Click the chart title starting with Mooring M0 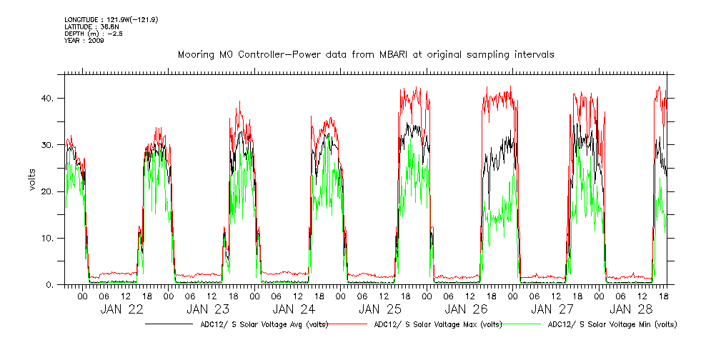coord(365,54)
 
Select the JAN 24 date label coord(294,309)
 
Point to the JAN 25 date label coord(380,309)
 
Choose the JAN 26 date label coord(466,309)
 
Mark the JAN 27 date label coord(551,309)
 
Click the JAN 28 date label coord(633,309)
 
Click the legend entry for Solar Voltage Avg coord(261,324)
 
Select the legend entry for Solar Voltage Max coord(436,324)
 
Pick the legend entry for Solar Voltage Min coord(612,324)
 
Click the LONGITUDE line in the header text coord(111,19)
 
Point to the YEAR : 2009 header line coord(84,41)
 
